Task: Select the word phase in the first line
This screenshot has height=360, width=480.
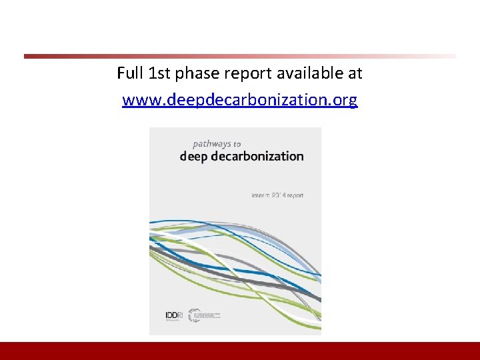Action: pyautogui.click(x=195, y=73)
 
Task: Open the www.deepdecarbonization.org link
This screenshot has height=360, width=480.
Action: pyautogui.click(x=240, y=101)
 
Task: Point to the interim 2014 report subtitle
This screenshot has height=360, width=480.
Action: pyautogui.click(x=277, y=195)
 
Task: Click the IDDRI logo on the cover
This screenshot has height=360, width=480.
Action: pyautogui.click(x=173, y=315)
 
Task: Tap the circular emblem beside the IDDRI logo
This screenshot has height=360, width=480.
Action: pyautogui.click(x=195, y=315)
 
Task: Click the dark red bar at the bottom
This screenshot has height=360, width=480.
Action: pyautogui.click(x=240, y=351)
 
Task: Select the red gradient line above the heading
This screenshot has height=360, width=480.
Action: pyautogui.click(x=240, y=56)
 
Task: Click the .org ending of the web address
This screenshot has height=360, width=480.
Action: pyautogui.click(x=344, y=101)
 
